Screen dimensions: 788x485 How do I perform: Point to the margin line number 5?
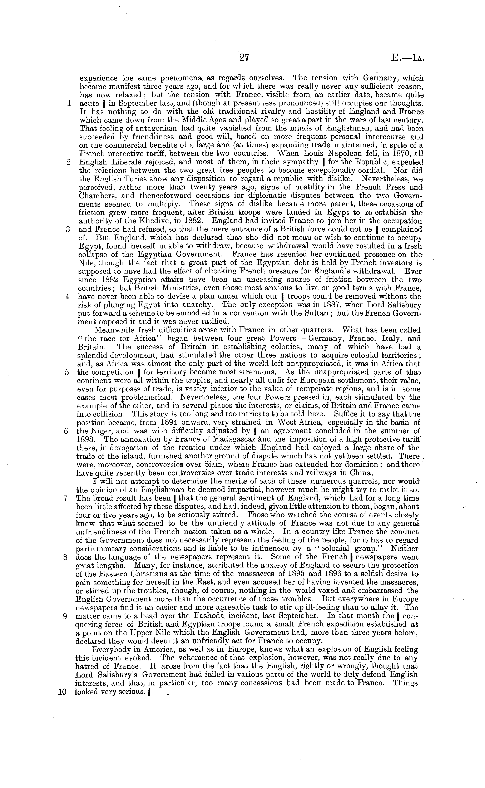point(67,373)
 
